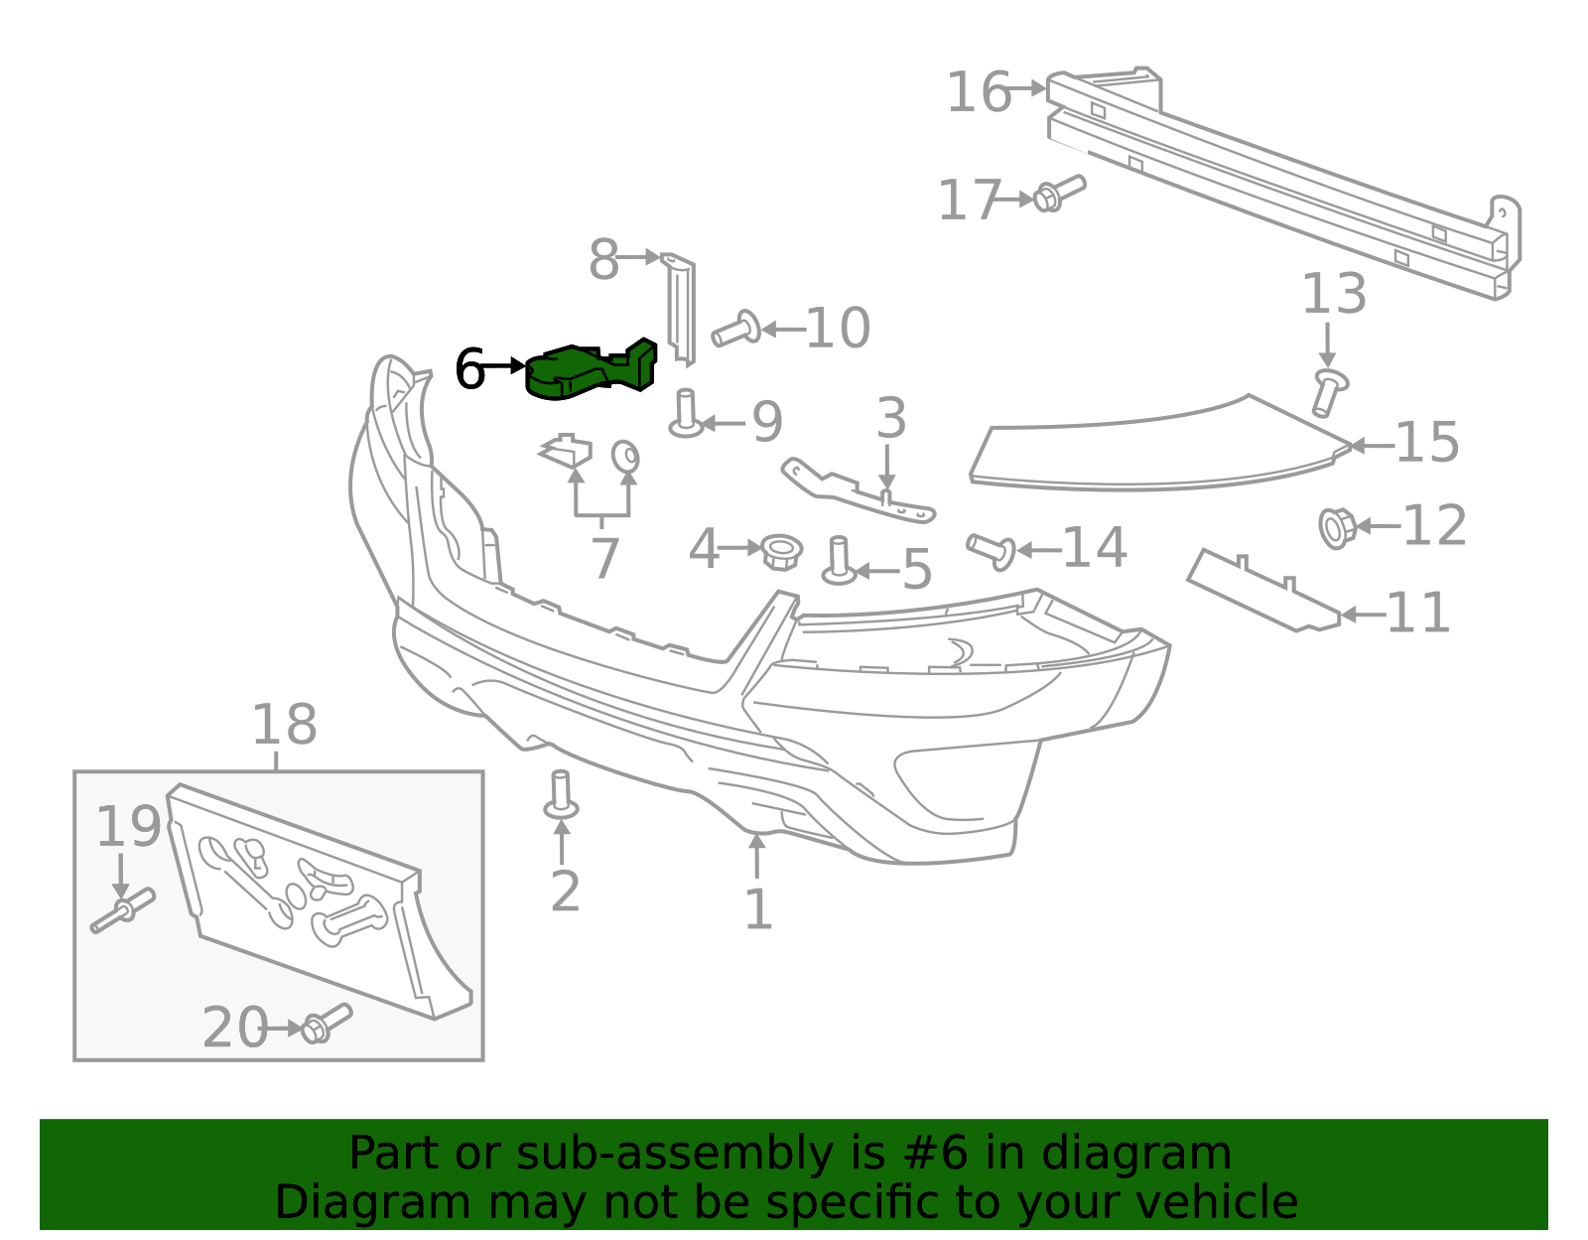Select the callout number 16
coord(978,93)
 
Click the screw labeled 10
coord(735,329)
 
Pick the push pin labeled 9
coord(685,413)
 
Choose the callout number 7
coord(603,559)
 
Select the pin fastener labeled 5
coord(840,561)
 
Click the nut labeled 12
coord(1336,527)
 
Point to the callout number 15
coord(1427,443)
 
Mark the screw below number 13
coord(1328,392)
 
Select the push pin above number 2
coord(561,795)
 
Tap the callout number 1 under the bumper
coord(757,909)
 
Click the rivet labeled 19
coord(123,911)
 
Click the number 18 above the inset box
coord(284,726)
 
